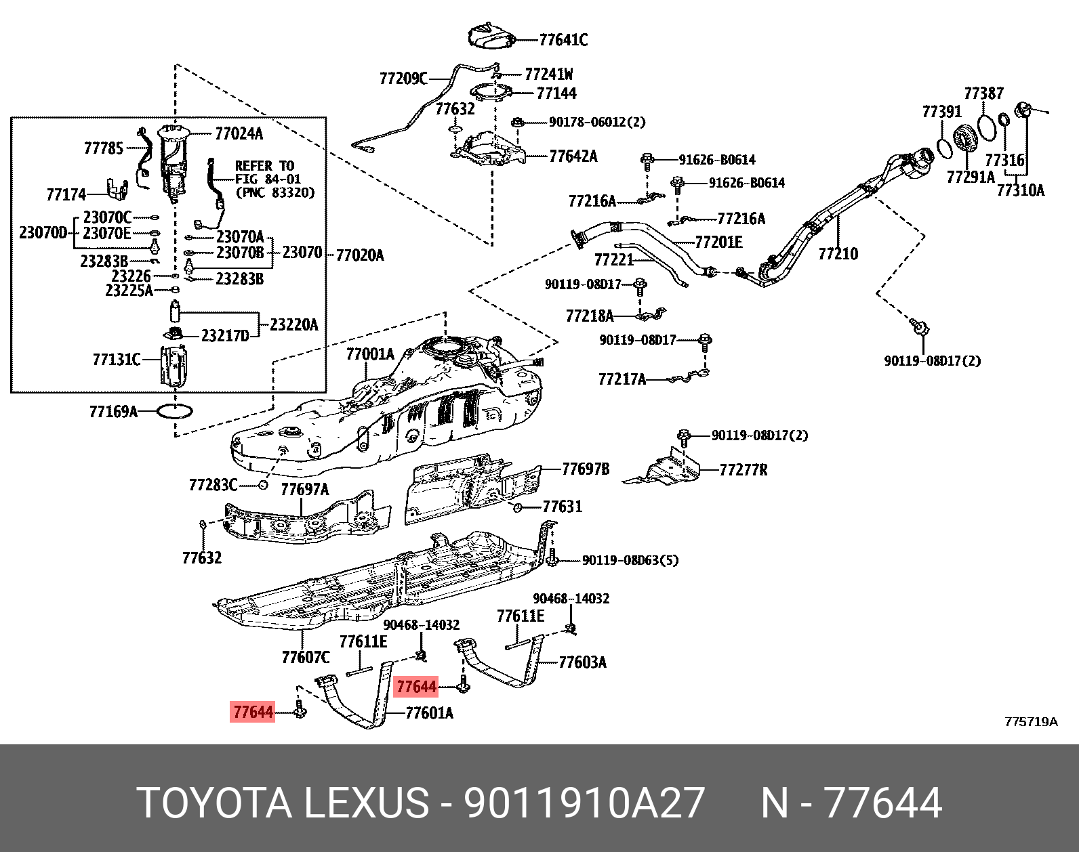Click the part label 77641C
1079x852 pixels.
(563, 40)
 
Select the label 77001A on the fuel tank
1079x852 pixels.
(369, 354)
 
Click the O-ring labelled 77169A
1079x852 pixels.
(175, 411)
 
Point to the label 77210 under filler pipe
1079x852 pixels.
(838, 254)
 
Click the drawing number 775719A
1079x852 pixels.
(1030, 722)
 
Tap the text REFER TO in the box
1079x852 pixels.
(264, 166)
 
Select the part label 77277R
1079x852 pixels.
(743, 470)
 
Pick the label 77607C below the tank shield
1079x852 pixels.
(306, 657)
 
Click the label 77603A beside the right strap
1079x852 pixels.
(582, 662)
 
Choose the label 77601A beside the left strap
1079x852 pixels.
(429, 712)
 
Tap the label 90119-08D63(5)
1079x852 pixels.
(630, 560)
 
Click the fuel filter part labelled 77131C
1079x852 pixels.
(173, 366)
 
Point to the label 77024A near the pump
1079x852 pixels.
(239, 133)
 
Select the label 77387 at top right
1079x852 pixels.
(983, 93)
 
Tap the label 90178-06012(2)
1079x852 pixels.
(596, 122)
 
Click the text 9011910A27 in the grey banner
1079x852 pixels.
(584, 803)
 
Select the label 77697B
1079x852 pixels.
(586, 469)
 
